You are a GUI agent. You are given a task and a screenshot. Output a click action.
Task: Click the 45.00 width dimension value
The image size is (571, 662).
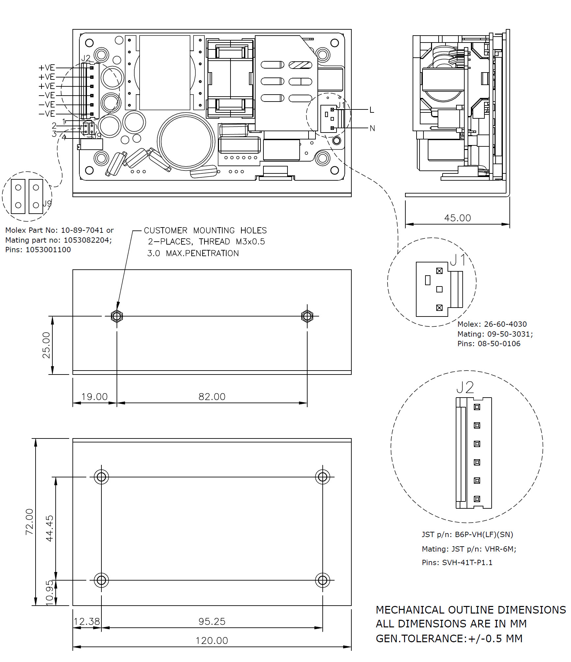click(457, 218)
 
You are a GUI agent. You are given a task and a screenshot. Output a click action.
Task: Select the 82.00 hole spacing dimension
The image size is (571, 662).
click(212, 397)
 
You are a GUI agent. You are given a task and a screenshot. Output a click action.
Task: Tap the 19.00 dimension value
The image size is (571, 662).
click(95, 397)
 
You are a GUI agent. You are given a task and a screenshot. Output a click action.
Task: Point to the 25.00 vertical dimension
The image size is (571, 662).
click(46, 345)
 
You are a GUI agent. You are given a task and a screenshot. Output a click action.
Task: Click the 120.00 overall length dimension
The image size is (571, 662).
click(212, 641)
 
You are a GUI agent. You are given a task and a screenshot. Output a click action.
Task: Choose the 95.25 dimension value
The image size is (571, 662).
click(212, 621)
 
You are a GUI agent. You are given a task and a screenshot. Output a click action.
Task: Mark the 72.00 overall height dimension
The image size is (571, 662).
click(30, 521)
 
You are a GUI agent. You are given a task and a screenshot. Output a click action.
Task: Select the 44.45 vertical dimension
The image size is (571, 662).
click(49, 528)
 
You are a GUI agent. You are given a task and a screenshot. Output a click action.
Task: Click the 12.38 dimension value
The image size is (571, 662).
click(86, 621)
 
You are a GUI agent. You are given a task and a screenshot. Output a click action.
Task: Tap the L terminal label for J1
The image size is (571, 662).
click(372, 110)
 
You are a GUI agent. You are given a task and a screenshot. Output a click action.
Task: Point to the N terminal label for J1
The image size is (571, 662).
click(372, 128)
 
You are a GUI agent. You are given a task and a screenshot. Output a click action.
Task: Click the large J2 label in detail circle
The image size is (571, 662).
click(465, 387)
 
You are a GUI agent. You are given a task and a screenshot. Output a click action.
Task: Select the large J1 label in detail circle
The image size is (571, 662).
click(457, 260)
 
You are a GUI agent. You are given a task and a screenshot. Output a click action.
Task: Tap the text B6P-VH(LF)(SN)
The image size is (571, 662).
click(484, 534)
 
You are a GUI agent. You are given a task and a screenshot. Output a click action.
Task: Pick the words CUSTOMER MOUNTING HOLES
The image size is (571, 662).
click(205, 230)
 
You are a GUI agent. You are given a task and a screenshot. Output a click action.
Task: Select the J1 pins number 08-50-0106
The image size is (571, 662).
click(499, 344)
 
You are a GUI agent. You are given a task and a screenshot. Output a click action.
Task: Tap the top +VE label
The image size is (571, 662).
click(47, 68)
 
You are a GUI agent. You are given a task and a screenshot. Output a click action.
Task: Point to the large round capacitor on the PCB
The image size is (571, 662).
click(186, 142)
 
